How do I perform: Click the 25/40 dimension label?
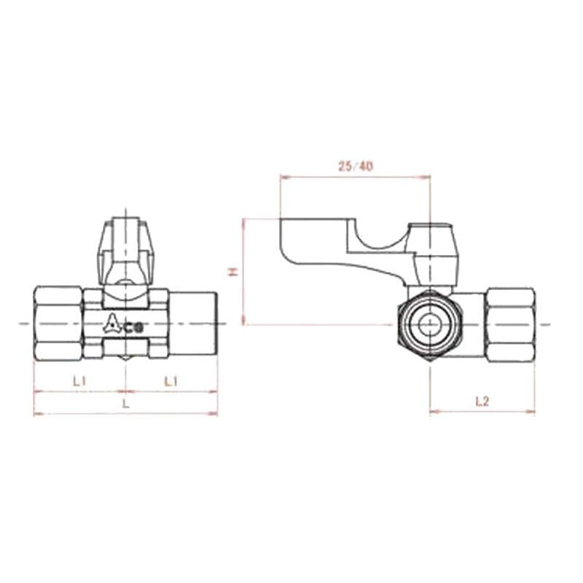point(356,166)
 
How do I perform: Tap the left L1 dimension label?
point(79,380)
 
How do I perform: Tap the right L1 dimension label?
point(171,380)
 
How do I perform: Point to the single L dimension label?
point(125,403)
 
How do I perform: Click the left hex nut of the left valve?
point(58,323)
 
